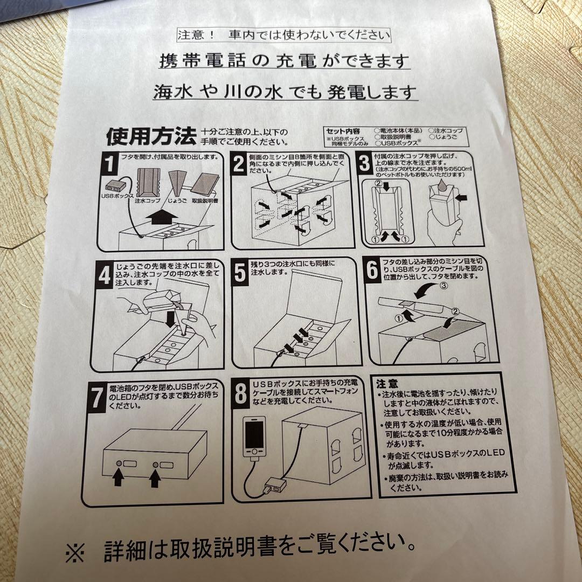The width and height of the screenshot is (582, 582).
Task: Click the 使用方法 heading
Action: pyautogui.click(x=150, y=136)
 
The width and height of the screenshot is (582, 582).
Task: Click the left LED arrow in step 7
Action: pyautogui.click(x=117, y=478)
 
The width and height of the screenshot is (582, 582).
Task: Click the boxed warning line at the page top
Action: pyautogui.click(x=283, y=36)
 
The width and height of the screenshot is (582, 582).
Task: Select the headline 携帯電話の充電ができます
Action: pyautogui.click(x=285, y=61)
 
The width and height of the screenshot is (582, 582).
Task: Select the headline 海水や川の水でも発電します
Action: pyautogui.click(x=285, y=92)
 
